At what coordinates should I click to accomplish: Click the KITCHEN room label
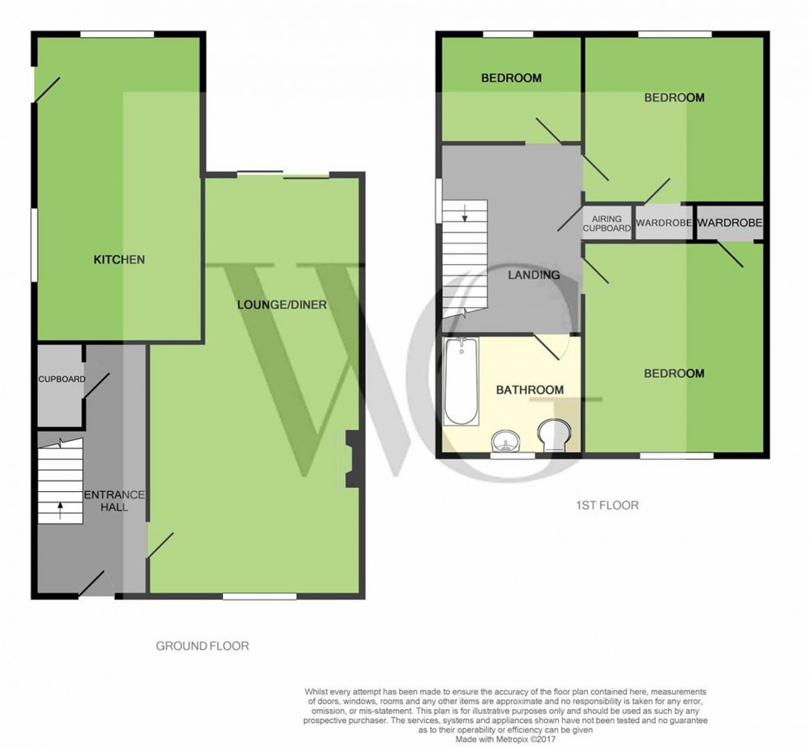[119, 259]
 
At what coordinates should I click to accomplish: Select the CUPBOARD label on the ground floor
[61, 380]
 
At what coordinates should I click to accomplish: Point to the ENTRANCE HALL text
[115, 501]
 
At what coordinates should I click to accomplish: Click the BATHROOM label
[529, 390]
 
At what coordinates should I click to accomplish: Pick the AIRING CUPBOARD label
[607, 223]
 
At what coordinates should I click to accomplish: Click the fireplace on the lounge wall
[349, 459]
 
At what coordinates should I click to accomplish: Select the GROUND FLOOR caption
[202, 645]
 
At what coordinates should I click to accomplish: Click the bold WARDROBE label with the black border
[728, 223]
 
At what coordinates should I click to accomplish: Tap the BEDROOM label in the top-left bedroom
[511, 78]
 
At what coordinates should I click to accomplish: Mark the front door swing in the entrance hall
[92, 584]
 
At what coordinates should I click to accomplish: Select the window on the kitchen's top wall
[117, 34]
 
